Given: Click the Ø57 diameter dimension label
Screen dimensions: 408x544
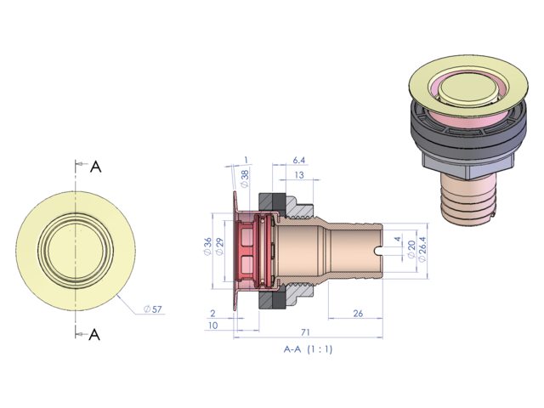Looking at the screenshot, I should tap(153, 309).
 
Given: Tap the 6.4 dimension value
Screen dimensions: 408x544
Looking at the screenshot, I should tap(298, 161).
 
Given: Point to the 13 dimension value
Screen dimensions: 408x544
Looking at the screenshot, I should tap(298, 175).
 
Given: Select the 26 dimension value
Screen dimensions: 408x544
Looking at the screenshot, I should tap(357, 314).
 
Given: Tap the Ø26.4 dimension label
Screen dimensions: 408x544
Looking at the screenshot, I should tap(422, 249).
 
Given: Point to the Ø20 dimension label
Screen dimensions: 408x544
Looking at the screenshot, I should tap(411, 248).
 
